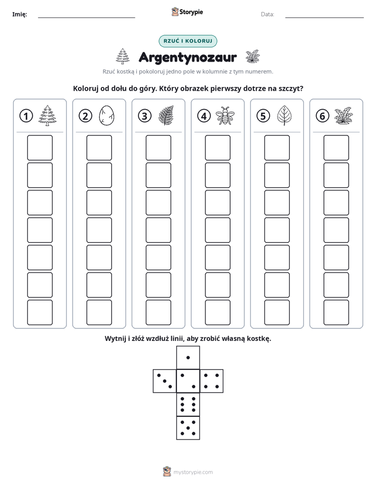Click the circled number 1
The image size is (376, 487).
point(26,116)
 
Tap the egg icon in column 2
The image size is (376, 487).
point(106,115)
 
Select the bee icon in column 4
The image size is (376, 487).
point(225,115)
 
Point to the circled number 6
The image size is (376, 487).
point(322,116)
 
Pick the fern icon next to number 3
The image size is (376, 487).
point(166,115)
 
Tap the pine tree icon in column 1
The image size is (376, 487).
point(47,115)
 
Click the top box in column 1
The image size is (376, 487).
point(39,148)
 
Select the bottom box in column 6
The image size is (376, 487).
point(336,313)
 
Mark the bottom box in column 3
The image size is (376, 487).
point(158,313)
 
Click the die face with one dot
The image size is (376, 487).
point(188,357)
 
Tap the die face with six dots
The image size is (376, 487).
point(188,404)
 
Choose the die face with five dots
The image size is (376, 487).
point(188,428)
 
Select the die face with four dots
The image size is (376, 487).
point(212,381)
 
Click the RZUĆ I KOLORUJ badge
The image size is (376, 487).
point(187,41)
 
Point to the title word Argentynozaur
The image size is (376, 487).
point(187,57)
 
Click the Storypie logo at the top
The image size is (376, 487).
point(187,12)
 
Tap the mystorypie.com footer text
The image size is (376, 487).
point(193,472)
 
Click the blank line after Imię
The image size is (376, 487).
point(86,17)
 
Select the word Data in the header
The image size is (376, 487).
point(268,14)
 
